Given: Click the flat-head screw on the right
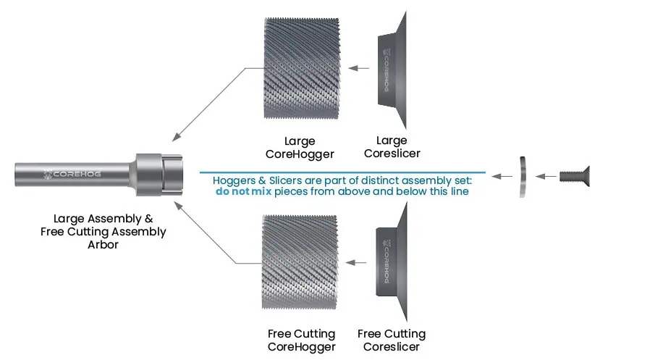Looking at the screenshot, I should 575,176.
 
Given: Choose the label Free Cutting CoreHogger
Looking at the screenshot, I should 301,340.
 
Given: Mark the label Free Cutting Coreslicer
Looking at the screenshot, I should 392,340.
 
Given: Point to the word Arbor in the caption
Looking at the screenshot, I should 104,245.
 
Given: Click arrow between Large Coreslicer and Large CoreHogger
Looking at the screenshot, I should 358,69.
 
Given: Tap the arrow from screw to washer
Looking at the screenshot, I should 547,176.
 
